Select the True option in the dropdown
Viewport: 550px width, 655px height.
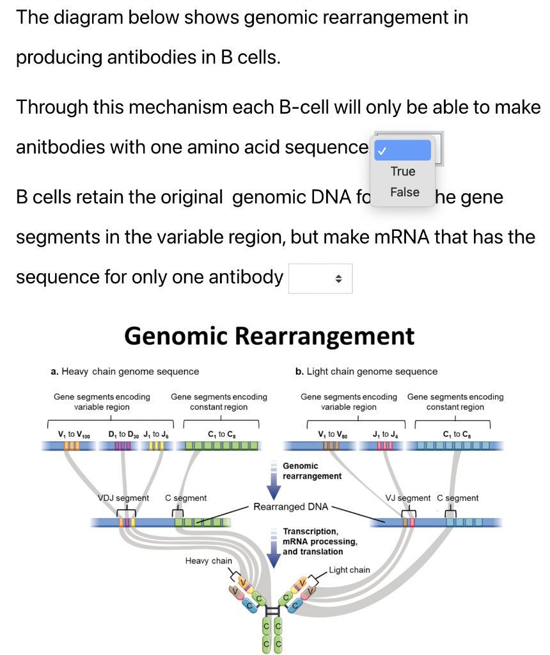click(x=403, y=171)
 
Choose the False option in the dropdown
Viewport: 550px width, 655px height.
click(x=404, y=192)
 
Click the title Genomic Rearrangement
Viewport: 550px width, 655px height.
click(x=269, y=336)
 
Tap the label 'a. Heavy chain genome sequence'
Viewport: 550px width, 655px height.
click(x=125, y=372)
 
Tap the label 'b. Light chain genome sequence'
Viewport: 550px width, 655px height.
click(x=366, y=372)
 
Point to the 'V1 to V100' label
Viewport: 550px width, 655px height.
click(x=74, y=435)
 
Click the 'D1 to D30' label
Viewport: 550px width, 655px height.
click(x=124, y=435)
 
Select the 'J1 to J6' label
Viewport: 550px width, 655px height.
click(x=157, y=435)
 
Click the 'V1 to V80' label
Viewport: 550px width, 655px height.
click(x=331, y=435)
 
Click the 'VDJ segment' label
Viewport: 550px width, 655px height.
click(x=123, y=498)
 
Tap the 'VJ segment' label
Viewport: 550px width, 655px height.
click(x=408, y=498)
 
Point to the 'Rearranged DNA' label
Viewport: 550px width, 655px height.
click(x=290, y=507)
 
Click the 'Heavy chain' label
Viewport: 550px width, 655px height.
click(x=208, y=561)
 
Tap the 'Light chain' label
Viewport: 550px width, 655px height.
click(x=349, y=570)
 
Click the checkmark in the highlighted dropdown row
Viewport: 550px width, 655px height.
click(x=381, y=152)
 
